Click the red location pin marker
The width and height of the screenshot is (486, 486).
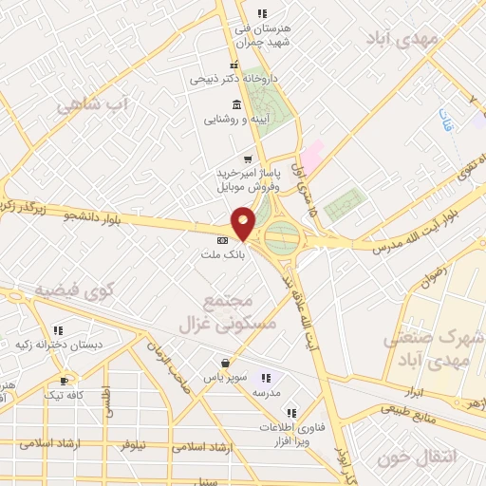pos(243,222)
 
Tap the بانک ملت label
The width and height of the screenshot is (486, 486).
pos(224,255)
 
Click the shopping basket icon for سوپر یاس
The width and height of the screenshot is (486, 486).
pos(225,364)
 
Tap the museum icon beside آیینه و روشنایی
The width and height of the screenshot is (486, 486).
pos(235,104)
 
